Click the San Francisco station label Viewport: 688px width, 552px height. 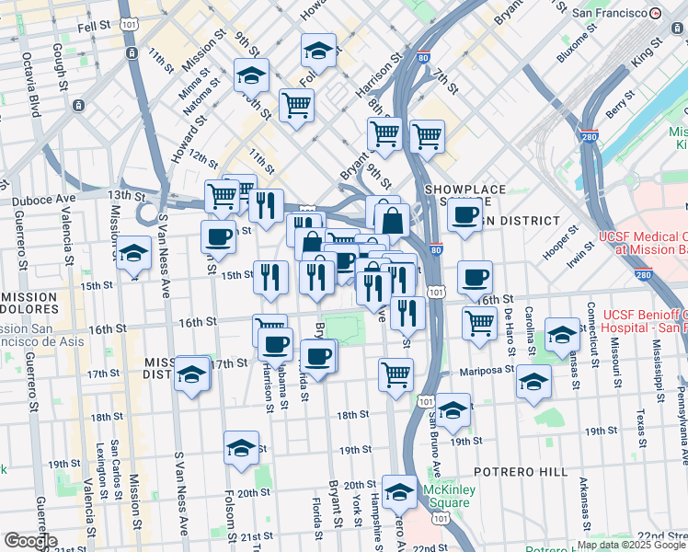coord(610,14)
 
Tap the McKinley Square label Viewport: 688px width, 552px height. coord(451,497)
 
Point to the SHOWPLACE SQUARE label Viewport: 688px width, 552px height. coord(465,195)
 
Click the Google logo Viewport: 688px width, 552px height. coord(29,541)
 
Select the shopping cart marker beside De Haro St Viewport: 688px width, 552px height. coord(479,322)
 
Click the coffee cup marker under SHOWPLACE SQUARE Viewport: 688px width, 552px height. coord(464,215)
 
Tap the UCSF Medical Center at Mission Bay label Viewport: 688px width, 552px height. coord(643,242)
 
